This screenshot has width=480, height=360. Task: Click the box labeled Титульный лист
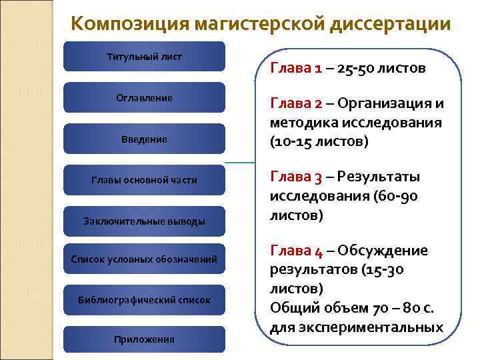click(144, 56)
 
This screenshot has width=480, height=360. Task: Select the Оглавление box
click(144, 97)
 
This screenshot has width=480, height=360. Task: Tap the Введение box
click(144, 139)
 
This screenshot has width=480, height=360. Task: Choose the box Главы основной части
click(144, 180)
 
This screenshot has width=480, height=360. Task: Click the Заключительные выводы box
click(144, 221)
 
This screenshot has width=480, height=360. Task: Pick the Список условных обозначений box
click(144, 259)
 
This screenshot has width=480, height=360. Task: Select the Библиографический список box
click(144, 300)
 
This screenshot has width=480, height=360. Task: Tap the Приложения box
click(144, 339)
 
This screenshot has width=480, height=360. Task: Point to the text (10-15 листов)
click(319, 143)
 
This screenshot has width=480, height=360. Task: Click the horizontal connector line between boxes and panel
click(240, 162)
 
